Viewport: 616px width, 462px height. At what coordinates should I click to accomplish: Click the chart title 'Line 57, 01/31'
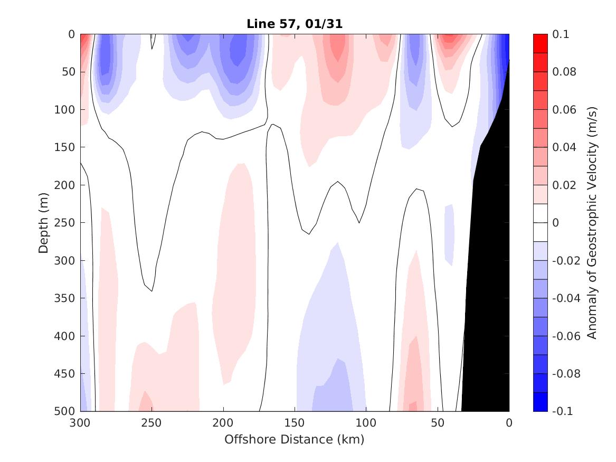pyautogui.click(x=295, y=24)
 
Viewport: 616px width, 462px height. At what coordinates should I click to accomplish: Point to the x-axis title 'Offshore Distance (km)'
pyautogui.click(x=294, y=439)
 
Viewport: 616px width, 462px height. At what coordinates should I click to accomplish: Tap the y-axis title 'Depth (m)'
pyautogui.click(x=43, y=223)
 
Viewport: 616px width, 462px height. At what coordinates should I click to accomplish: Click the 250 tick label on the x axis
pyautogui.click(x=151, y=423)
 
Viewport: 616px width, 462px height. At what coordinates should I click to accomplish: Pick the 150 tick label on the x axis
pyautogui.click(x=295, y=423)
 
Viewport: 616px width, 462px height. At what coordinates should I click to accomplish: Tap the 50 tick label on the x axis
pyautogui.click(x=438, y=423)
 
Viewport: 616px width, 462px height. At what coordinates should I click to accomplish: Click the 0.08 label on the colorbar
pyautogui.click(x=564, y=72)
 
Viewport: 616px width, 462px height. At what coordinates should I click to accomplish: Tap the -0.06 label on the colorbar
pyautogui.click(x=566, y=336)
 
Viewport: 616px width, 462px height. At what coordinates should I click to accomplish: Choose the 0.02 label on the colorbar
pyautogui.click(x=564, y=185)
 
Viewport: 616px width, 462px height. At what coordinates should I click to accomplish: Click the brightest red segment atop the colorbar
pyautogui.click(x=540, y=44)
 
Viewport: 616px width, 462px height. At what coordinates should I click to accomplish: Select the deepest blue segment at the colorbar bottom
pyautogui.click(x=540, y=402)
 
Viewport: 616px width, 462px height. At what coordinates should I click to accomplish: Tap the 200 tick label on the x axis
pyautogui.click(x=223, y=423)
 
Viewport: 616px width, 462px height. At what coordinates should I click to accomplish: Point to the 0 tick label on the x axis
pyautogui.click(x=509, y=423)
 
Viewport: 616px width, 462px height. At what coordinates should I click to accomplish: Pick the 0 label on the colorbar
pyautogui.click(x=555, y=223)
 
